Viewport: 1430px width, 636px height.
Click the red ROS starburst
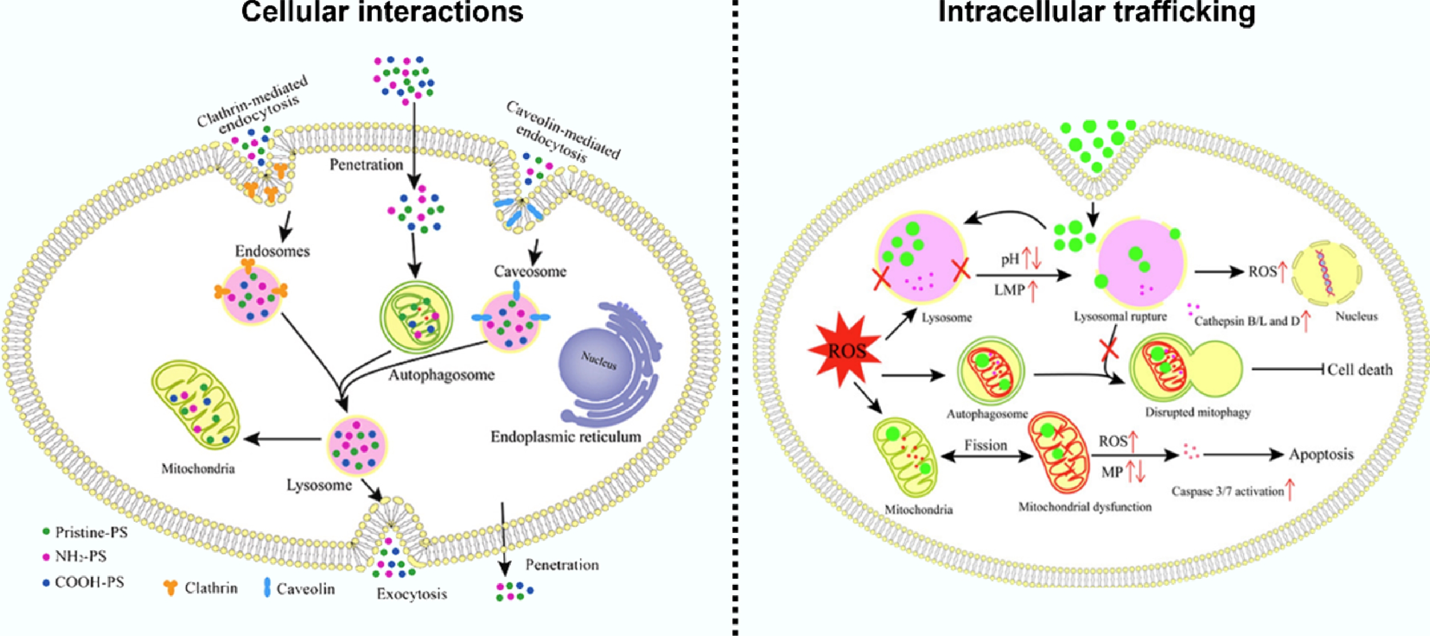pos(846,350)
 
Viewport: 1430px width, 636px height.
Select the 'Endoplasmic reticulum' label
pos(566,437)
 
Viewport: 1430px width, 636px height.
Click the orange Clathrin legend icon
pos(170,588)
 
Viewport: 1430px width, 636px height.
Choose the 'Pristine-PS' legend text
pos(91,532)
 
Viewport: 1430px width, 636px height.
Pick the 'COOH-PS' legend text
pos(89,582)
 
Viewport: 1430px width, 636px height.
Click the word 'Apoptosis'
pos(1321,454)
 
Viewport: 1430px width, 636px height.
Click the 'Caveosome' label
pos(530,272)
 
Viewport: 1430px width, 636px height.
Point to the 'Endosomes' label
pos(272,251)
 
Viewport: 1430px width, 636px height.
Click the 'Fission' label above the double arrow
pos(985,445)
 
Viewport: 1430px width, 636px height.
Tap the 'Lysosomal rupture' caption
pos(1120,317)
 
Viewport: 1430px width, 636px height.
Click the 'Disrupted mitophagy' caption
pos(1198,412)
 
